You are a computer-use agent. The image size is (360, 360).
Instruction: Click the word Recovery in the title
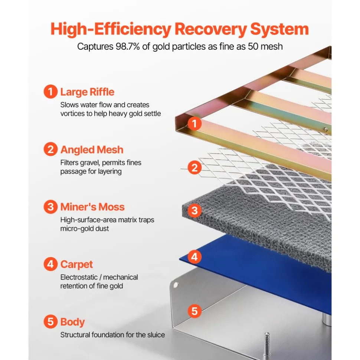(x=210, y=29)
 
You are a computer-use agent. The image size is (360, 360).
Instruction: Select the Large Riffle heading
(x=87, y=92)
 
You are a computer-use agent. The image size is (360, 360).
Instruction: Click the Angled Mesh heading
(x=92, y=150)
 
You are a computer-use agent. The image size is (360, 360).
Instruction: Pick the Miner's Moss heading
(x=92, y=207)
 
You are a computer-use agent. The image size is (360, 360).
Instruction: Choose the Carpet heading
(x=76, y=264)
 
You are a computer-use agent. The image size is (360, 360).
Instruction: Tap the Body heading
(x=72, y=322)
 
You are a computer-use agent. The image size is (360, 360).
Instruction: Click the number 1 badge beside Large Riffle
(x=50, y=92)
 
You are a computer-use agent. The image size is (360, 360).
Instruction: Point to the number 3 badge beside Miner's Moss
(x=50, y=207)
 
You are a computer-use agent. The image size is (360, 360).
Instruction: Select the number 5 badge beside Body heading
(x=50, y=321)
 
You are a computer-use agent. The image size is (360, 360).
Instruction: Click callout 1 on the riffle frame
(x=194, y=123)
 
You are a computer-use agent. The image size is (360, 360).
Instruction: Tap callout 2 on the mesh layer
(x=194, y=167)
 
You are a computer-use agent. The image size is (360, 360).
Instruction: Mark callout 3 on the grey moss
(x=194, y=211)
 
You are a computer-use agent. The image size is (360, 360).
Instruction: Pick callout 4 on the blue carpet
(x=194, y=257)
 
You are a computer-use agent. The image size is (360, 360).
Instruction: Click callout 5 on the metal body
(x=194, y=311)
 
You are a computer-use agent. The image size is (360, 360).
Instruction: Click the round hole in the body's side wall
(x=176, y=285)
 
